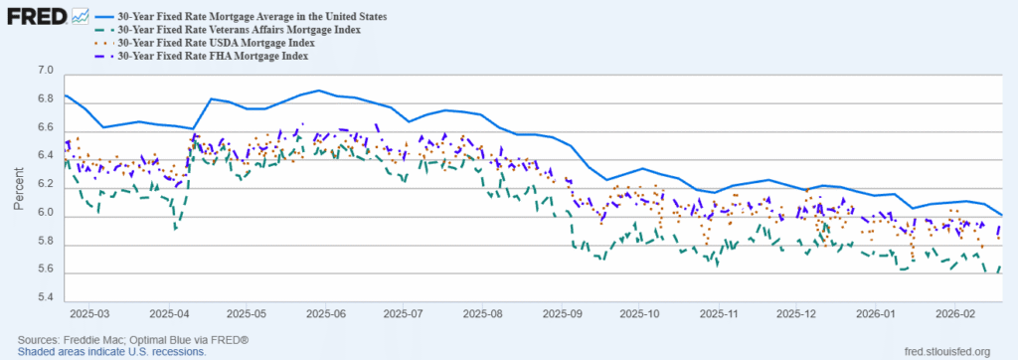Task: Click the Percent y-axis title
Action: [19, 186]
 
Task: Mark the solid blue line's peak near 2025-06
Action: [318, 90]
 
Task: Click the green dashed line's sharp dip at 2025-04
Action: [175, 229]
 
